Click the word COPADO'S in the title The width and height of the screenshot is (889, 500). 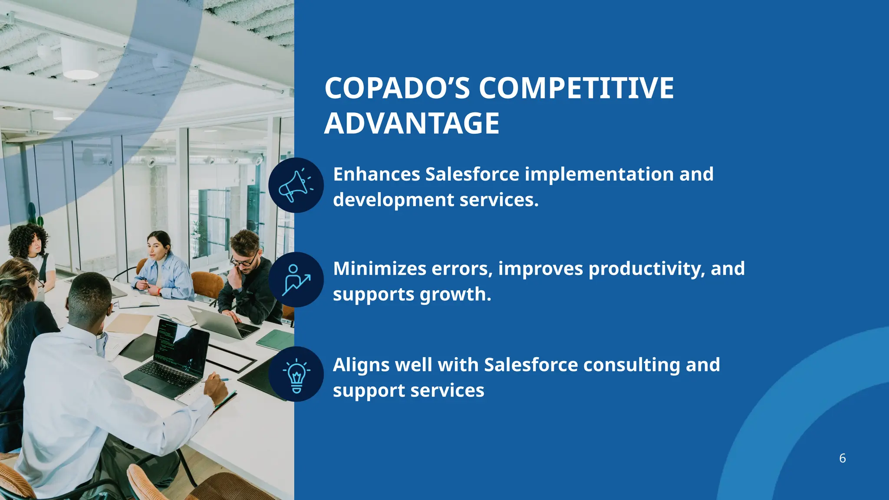tap(397, 89)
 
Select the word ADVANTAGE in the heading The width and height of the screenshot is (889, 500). tap(412, 124)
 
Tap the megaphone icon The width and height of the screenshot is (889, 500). tap(296, 185)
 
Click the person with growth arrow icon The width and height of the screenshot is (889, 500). tap(296, 280)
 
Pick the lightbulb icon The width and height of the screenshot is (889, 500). tap(296, 374)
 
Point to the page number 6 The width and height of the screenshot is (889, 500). tap(842, 458)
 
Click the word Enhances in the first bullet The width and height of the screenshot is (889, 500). tap(376, 174)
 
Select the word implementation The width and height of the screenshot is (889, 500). tap(599, 174)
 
